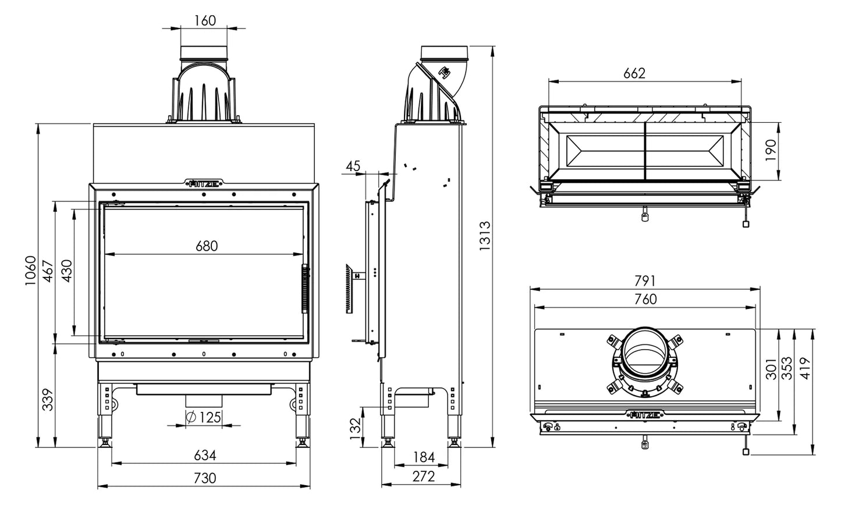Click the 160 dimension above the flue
(204, 20)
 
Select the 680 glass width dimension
(206, 246)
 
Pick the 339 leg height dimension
(48, 399)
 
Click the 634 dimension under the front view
(204, 455)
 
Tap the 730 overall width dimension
(204, 478)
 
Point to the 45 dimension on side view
(352, 166)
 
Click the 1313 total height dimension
(484, 236)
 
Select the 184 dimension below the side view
(424, 457)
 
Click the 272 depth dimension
(423, 476)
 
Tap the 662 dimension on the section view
(634, 73)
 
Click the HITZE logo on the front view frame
(204, 184)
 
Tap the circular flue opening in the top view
(644, 354)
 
